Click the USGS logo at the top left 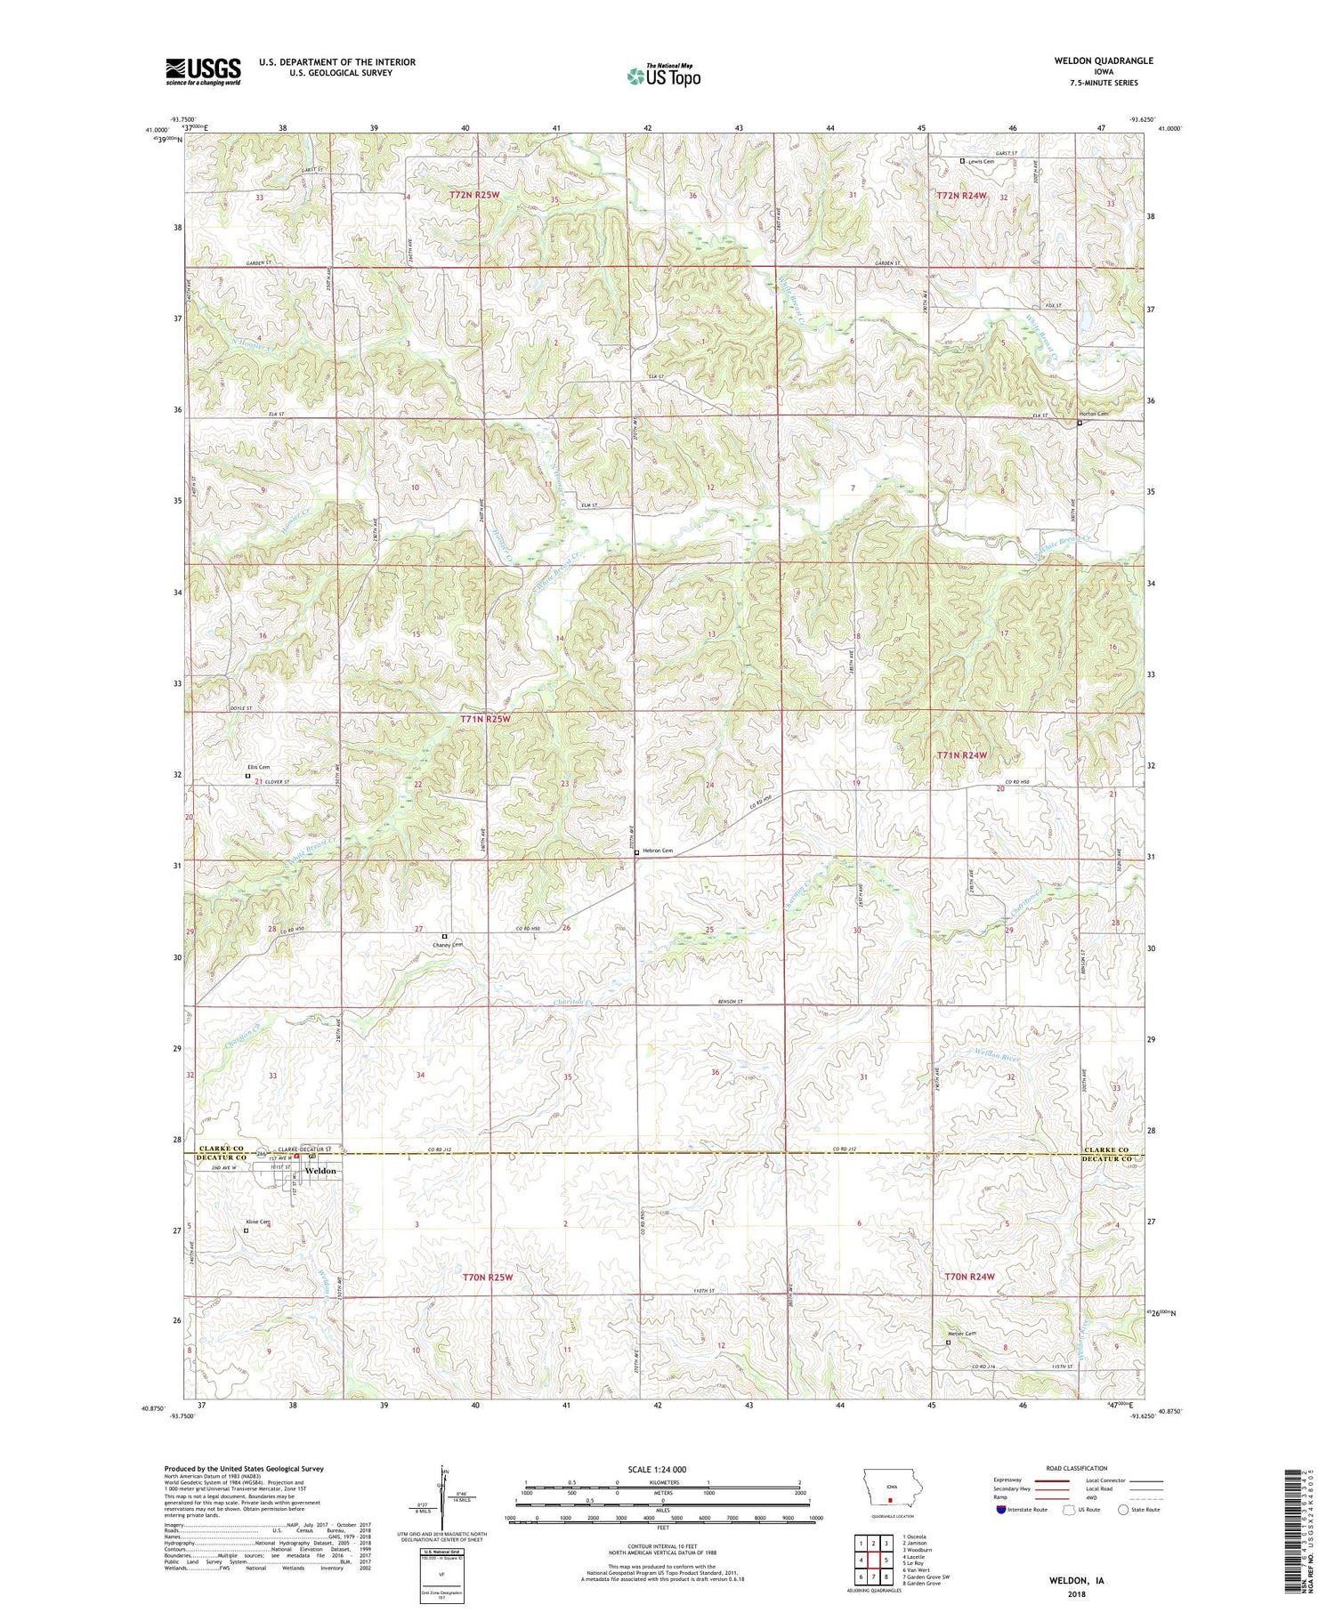[x=203, y=71]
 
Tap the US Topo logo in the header [x=663, y=77]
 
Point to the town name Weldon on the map [x=320, y=1171]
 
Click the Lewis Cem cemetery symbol [x=962, y=161]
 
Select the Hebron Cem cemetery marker [x=636, y=852]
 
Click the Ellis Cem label [x=258, y=767]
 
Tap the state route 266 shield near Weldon [x=261, y=1155]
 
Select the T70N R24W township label [x=968, y=1277]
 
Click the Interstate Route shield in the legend [x=1001, y=1510]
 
